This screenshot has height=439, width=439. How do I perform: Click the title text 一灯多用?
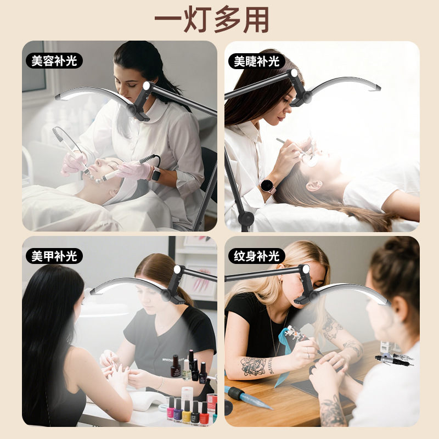tap(212, 20)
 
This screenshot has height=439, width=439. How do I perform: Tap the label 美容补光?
tap(54, 61)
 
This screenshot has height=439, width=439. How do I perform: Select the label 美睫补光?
tap(257, 61)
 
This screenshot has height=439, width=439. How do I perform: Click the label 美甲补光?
tap(54, 256)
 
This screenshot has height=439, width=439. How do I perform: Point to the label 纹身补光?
tap(257, 256)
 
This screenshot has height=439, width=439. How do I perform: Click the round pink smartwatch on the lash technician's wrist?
tap(267, 185)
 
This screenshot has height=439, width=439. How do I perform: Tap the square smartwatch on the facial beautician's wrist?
tap(156, 173)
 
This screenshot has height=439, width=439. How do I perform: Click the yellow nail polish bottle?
tap(187, 412)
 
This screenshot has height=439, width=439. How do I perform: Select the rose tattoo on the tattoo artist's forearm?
tap(254, 366)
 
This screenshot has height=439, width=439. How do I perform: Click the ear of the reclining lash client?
tap(313, 185)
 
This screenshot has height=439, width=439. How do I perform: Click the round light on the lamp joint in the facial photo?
tap(147, 86)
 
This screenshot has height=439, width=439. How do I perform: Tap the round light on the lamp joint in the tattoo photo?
tap(306, 269)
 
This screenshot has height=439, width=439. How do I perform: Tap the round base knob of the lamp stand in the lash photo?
tap(246, 218)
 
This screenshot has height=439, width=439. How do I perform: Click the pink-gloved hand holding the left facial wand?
tap(74, 163)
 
